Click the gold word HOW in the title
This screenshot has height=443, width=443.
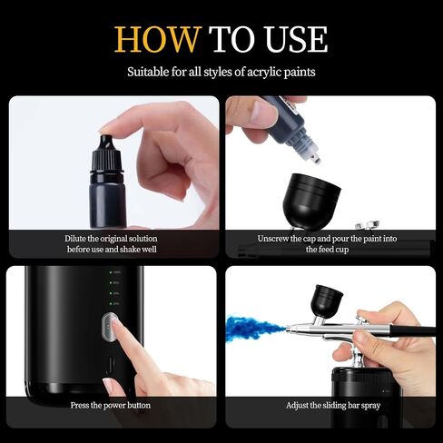[x=158, y=39]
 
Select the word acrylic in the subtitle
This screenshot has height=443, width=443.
[x=264, y=73]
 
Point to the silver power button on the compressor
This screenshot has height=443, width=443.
[x=110, y=327]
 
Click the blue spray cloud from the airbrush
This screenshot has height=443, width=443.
[x=256, y=328]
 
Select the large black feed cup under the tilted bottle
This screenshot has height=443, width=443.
[x=311, y=200]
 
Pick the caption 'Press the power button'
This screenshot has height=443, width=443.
[x=111, y=405]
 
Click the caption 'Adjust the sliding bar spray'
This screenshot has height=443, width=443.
[x=333, y=405]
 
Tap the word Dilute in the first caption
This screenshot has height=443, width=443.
[x=75, y=239]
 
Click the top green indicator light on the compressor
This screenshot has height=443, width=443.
[x=111, y=272]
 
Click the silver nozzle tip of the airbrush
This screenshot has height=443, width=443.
[x=289, y=328]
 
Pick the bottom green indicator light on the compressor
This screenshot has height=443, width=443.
[x=111, y=303]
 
